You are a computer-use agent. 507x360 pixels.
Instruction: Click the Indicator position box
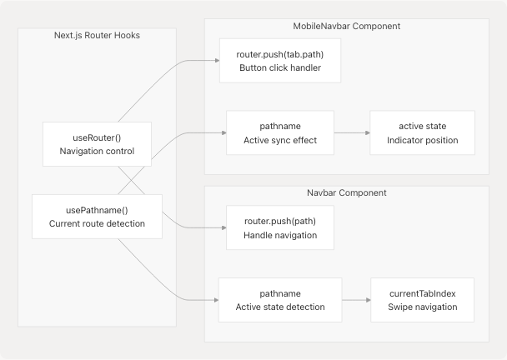click(x=422, y=132)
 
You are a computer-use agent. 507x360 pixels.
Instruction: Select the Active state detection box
click(x=279, y=299)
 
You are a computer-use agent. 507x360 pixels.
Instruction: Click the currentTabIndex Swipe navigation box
click(x=422, y=299)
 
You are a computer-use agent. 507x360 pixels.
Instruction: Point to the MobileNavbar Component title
click(x=346, y=26)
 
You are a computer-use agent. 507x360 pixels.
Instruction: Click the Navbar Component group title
click(x=346, y=192)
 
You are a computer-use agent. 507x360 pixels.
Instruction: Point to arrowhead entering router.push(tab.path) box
click(x=216, y=60)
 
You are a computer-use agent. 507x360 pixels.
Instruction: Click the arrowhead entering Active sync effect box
click(x=223, y=132)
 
